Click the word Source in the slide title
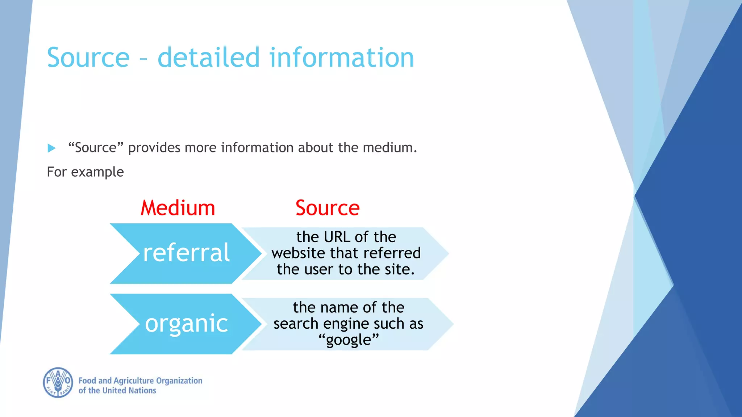pyautogui.click(x=88, y=58)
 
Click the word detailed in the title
pyautogui.click(x=209, y=58)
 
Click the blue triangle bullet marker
pyautogui.click(x=51, y=148)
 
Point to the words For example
pyautogui.click(x=85, y=172)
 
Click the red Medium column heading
pyautogui.click(x=178, y=208)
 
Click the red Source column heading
pyautogui.click(x=328, y=208)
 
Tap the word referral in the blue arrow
pyautogui.click(x=186, y=253)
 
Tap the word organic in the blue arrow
pyautogui.click(x=186, y=323)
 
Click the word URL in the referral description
pyautogui.click(x=337, y=237)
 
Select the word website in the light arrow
pyautogui.click(x=299, y=253)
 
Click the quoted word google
pyautogui.click(x=349, y=340)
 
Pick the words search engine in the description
pyautogui.click(x=321, y=324)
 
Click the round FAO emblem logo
pyautogui.click(x=58, y=383)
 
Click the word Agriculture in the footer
pyautogui.click(x=134, y=381)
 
